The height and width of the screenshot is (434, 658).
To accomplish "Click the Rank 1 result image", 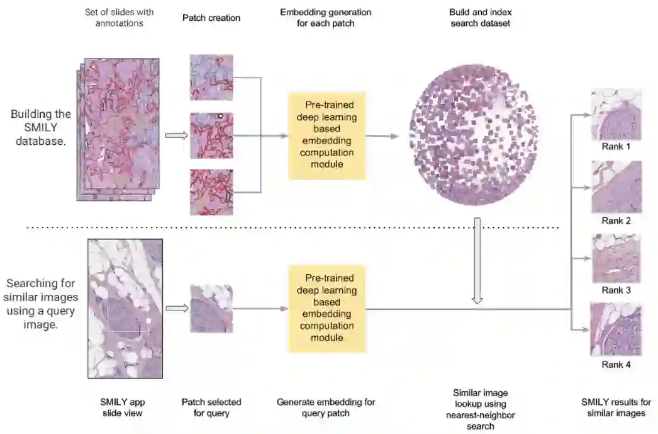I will pos(616,115).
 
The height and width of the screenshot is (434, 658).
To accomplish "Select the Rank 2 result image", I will pos(616,187).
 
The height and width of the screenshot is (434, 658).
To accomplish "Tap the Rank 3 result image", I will pos(616,258).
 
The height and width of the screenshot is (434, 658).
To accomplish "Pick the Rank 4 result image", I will pos(616,329).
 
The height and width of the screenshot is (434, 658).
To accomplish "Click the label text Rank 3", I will pos(616,290).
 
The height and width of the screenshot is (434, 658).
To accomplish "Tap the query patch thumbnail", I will pos(211,309).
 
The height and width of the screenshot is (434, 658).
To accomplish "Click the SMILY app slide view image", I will pos(125,308).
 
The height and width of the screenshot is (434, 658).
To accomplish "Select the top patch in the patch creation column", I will pos(211,77).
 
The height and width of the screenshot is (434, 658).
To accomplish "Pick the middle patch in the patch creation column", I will pos(211,135).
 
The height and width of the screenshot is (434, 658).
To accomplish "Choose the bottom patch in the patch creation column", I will pos(211,192).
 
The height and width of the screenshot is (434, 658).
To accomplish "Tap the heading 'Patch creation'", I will pos(211,18).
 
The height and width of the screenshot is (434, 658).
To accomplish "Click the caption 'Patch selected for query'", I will pos(211,408).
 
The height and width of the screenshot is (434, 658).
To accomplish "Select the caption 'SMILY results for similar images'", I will pos(616,408).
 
